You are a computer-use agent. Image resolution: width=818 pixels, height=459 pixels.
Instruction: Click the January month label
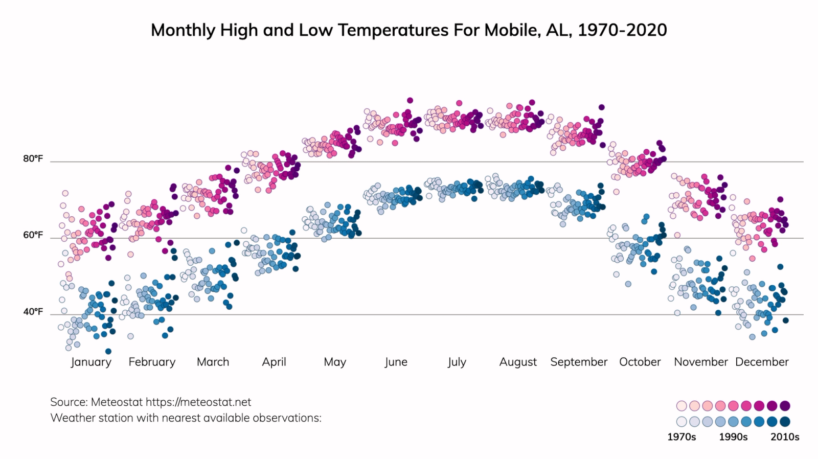pyautogui.click(x=91, y=362)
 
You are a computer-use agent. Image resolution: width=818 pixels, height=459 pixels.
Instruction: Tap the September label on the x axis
pyautogui.click(x=579, y=362)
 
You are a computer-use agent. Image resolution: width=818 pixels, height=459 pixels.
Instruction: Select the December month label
pyautogui.click(x=762, y=362)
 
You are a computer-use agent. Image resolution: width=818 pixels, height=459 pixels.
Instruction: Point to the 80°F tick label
pyautogui.click(x=33, y=159)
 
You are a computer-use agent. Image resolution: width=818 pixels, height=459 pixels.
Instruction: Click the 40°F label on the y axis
pyautogui.click(x=33, y=312)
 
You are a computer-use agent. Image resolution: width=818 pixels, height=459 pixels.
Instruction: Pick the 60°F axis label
pyautogui.click(x=33, y=235)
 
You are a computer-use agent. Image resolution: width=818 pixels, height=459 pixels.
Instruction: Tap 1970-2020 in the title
pyautogui.click(x=622, y=30)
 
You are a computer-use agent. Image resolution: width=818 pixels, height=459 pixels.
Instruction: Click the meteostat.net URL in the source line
pyautogui.click(x=198, y=402)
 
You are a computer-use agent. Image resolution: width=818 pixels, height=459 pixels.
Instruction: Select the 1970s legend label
pyautogui.click(x=681, y=437)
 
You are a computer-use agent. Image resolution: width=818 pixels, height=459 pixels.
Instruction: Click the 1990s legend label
pyautogui.click(x=733, y=437)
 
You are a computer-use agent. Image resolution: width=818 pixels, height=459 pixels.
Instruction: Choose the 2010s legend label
pyautogui.click(x=785, y=437)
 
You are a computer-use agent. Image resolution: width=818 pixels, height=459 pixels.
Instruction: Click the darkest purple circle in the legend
pyautogui.click(x=785, y=406)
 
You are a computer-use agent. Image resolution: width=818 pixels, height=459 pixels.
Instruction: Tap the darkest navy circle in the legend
pyautogui.click(x=785, y=422)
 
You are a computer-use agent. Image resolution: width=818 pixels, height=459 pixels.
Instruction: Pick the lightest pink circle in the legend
pyautogui.click(x=681, y=406)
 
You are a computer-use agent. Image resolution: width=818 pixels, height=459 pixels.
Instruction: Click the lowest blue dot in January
pyautogui.click(x=108, y=351)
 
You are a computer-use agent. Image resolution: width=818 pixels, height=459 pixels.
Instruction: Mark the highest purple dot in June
pyautogui.click(x=410, y=101)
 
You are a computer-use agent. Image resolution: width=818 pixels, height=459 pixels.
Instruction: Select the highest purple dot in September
pyautogui.click(x=602, y=107)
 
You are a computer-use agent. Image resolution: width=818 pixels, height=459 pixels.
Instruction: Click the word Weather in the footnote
pyautogui.click(x=71, y=418)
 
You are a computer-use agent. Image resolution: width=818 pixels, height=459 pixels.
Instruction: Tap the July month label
pyautogui.click(x=457, y=362)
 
